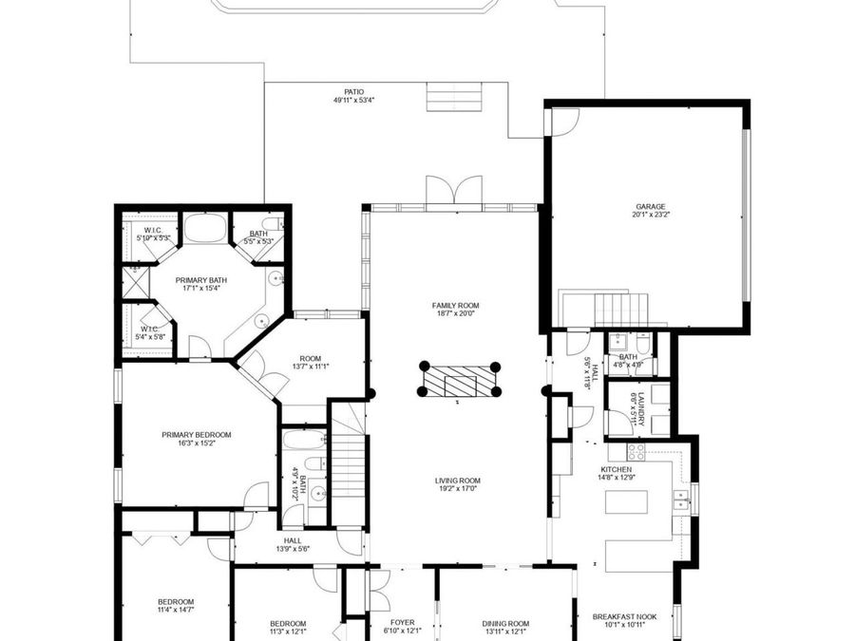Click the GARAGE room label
click(651, 206)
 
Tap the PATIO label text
click(353, 92)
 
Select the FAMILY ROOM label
click(455, 306)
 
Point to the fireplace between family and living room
click(459, 380)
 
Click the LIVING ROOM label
click(457, 481)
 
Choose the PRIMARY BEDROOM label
click(196, 435)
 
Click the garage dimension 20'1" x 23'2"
click(651, 215)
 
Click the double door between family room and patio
click(454, 191)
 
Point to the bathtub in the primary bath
click(205, 228)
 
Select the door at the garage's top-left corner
click(563, 120)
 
